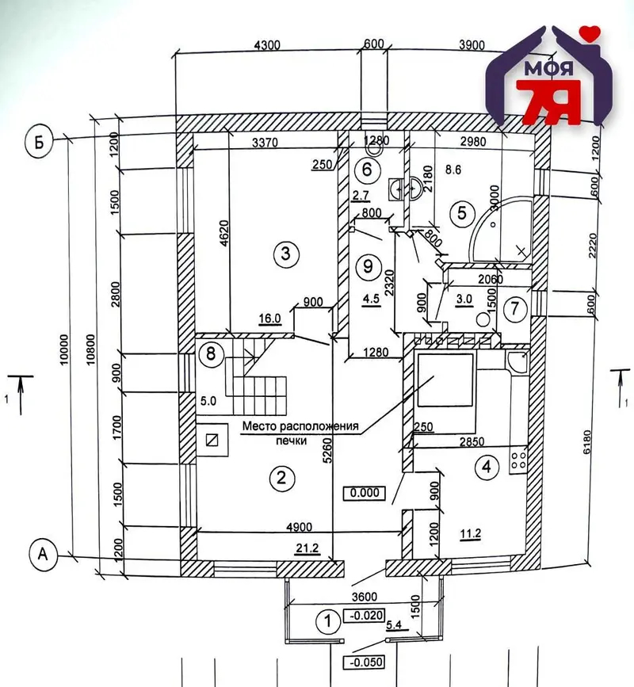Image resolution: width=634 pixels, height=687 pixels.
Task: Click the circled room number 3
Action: point(285,253)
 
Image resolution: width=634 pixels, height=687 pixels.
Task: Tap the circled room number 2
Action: point(281,477)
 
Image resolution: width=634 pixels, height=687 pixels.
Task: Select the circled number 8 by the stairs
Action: point(211,353)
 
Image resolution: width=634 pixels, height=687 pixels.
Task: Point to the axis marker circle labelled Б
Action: point(40,143)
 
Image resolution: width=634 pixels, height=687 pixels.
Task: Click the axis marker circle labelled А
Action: point(43,555)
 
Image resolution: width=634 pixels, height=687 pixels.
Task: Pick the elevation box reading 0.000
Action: point(365,492)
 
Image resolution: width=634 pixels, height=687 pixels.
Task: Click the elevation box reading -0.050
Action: point(364,661)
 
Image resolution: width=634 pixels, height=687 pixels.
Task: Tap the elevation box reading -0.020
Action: point(365,615)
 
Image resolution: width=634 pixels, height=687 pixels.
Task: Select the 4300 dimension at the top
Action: point(267,44)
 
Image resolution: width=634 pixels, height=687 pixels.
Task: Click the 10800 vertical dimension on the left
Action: point(90,349)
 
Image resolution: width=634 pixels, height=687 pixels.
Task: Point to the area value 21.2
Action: point(307,548)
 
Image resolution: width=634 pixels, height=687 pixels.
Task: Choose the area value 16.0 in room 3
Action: point(269,319)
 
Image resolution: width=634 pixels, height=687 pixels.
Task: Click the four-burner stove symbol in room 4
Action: point(518,460)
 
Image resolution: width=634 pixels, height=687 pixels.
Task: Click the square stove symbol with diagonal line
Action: point(212,440)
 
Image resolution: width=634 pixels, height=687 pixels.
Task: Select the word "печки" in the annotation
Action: point(291,441)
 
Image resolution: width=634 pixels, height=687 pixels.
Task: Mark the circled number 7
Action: point(515,308)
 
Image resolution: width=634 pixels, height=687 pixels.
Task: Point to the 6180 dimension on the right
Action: point(588,442)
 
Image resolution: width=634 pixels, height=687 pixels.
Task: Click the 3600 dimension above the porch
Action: point(365,597)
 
